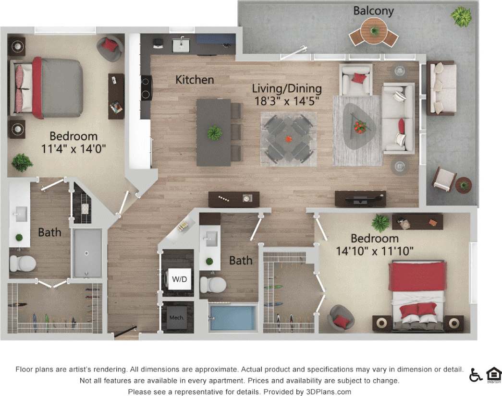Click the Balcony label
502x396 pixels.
point(374,10)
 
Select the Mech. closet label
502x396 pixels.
point(173,317)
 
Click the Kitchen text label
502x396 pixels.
point(195,80)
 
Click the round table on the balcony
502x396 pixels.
point(374,32)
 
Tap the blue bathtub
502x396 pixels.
point(233,317)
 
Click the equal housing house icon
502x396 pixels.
point(493,374)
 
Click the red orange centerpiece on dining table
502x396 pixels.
point(289,139)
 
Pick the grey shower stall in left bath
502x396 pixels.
point(87,252)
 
